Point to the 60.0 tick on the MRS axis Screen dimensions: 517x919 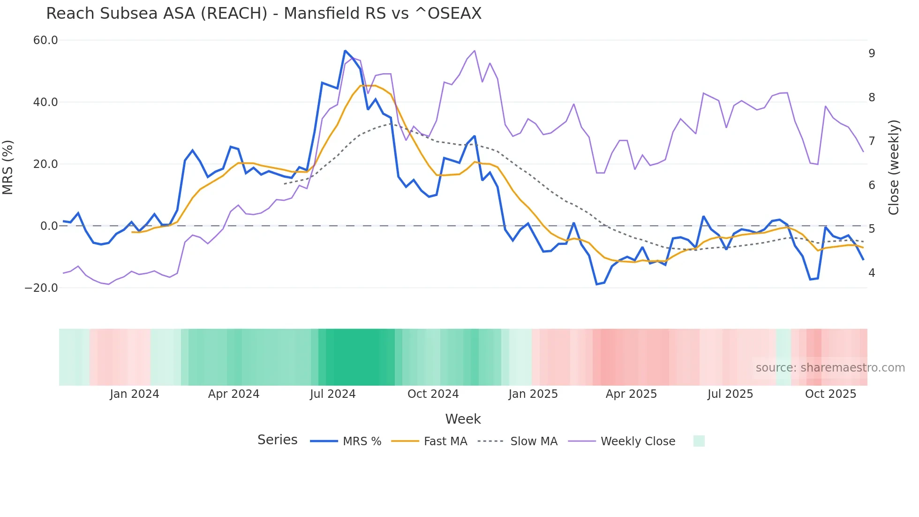(45, 40)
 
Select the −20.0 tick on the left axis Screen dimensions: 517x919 (41, 288)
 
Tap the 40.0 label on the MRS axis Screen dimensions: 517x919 (45, 102)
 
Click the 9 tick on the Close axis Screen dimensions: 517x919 (872, 53)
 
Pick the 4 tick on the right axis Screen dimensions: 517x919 (872, 273)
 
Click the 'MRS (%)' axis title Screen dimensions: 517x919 (8, 167)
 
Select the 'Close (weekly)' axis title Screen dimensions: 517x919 (894, 167)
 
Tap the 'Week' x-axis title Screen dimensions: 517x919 (463, 419)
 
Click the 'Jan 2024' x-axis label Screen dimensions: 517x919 (135, 394)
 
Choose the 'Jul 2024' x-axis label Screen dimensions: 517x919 (333, 394)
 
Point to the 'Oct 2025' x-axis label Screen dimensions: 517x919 (830, 394)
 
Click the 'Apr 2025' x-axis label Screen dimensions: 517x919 (631, 394)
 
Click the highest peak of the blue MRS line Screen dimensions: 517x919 (345, 51)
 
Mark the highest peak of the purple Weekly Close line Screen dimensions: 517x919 (475, 51)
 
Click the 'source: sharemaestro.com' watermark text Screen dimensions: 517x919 (830, 368)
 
